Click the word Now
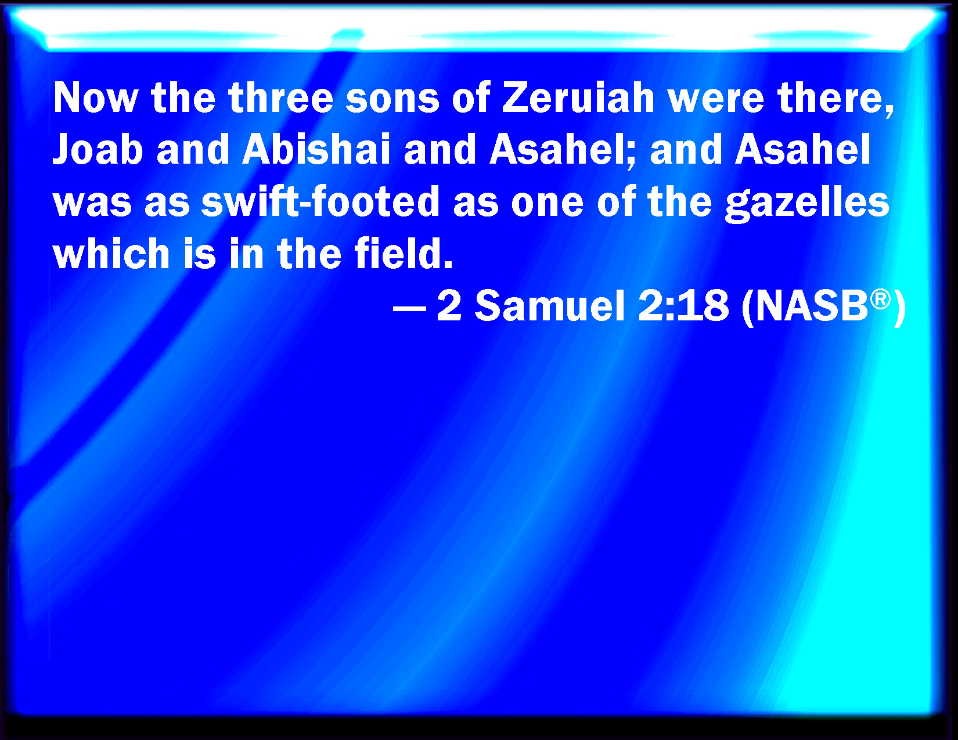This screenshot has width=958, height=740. pos(95,98)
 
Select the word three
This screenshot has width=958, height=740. pos(280,98)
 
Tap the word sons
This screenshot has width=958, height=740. pos(392,98)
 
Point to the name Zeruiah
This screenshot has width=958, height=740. pos(578,98)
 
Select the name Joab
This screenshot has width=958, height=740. pos(98,150)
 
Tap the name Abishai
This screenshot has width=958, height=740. pos(316,150)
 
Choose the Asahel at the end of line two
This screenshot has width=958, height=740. pos(803,150)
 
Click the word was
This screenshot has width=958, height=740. pos(92,202)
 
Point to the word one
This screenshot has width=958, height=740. pos(547,202)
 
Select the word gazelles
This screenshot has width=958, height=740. pos(807,202)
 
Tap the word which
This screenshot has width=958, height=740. pos(110,254)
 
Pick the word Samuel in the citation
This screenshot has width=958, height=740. pos(550,306)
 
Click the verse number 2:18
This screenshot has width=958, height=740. pos(683,306)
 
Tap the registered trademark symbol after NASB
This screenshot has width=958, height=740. pos(880,299)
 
